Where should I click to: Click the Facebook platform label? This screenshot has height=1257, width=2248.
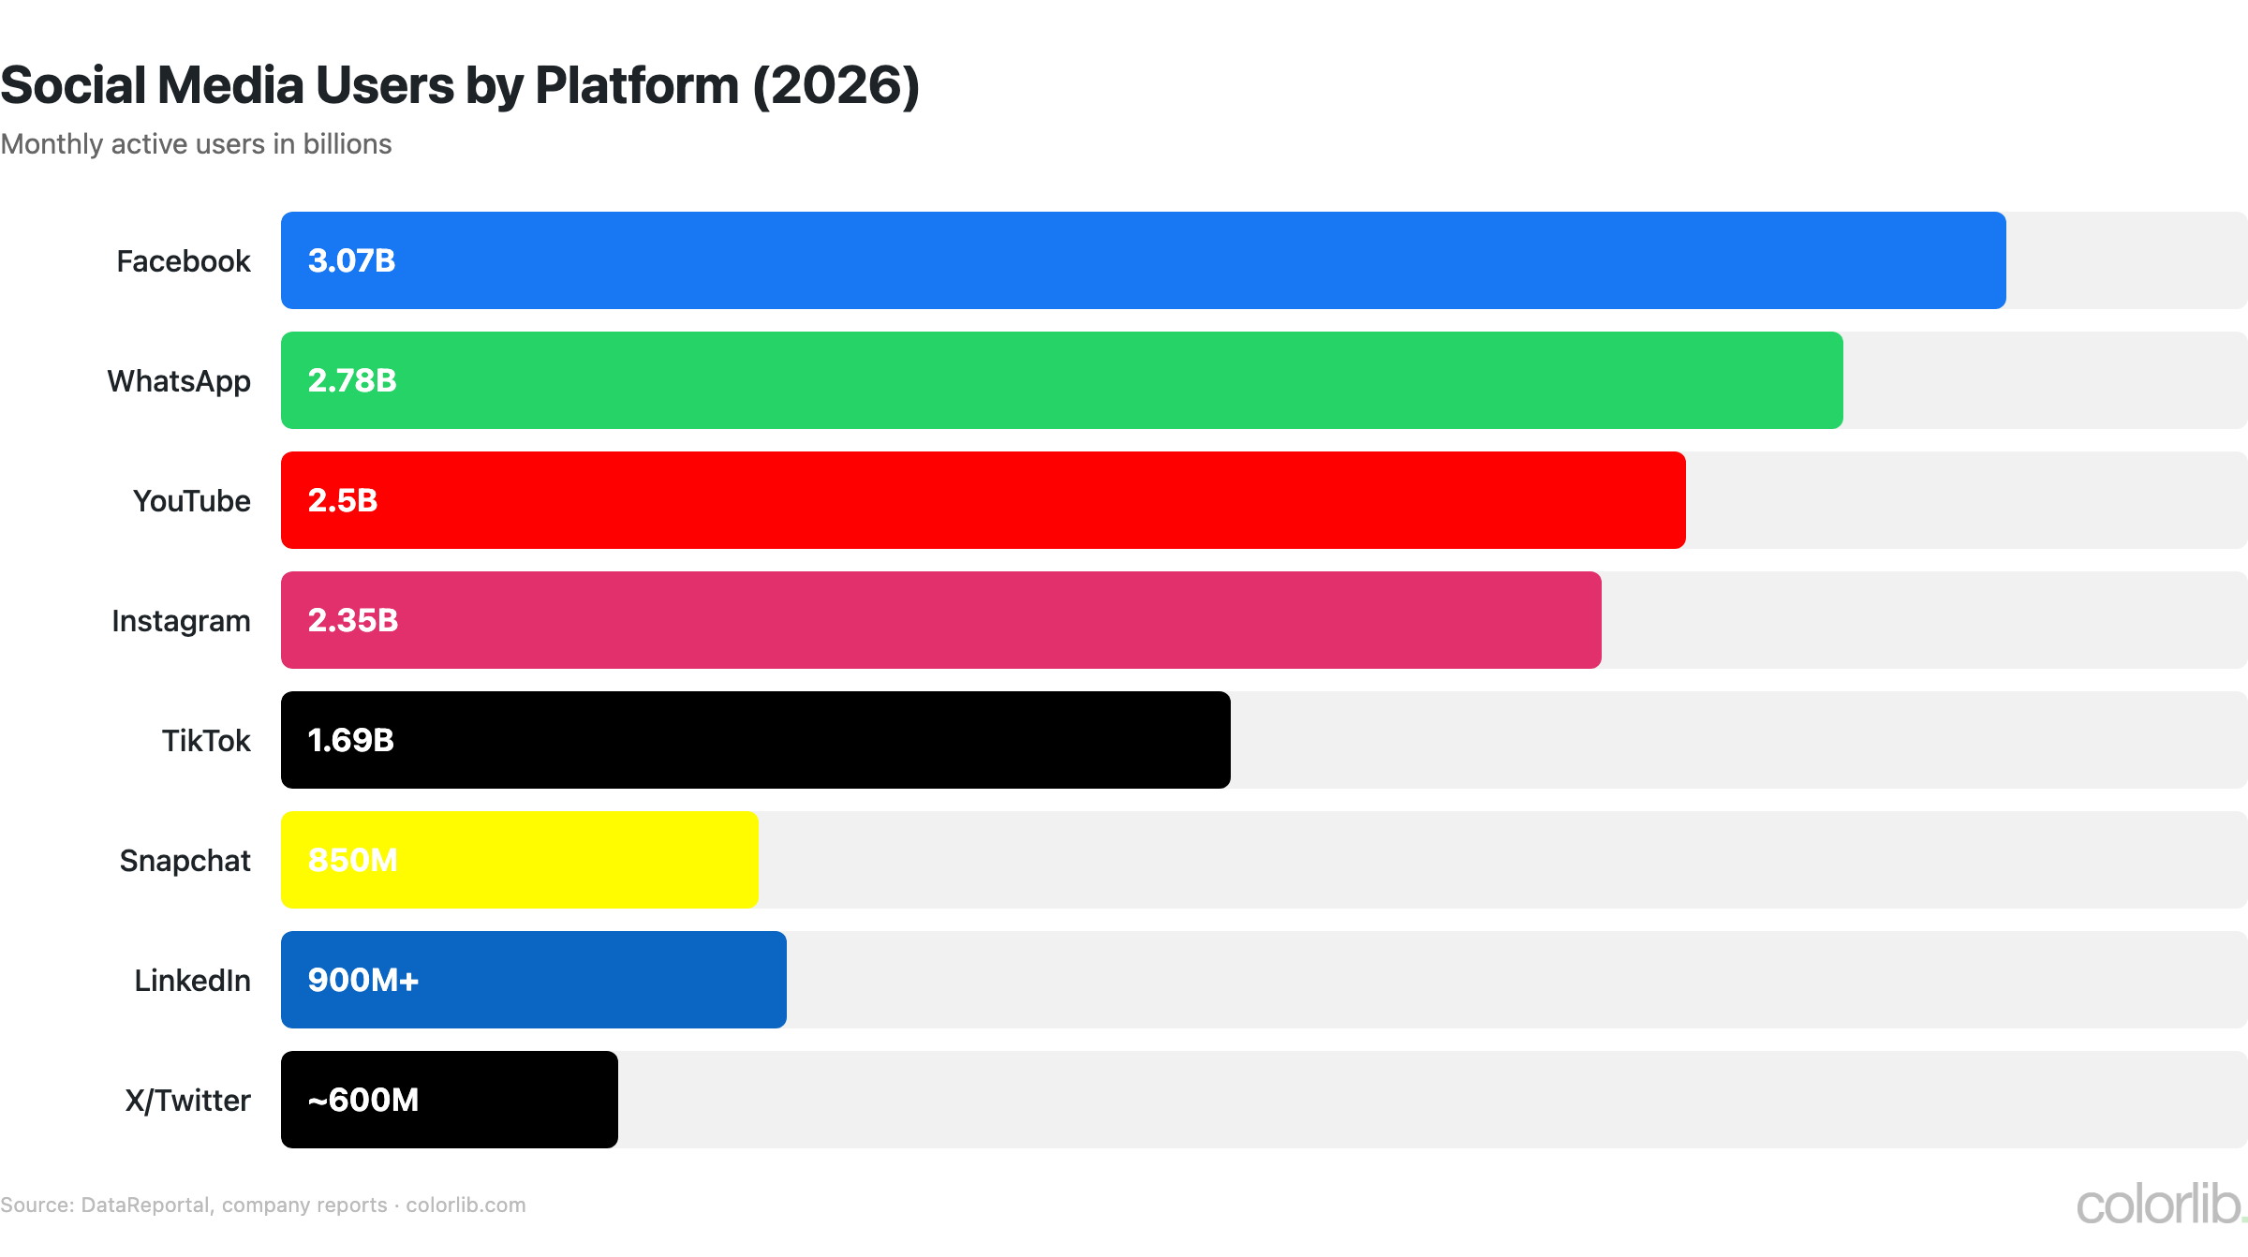(x=184, y=261)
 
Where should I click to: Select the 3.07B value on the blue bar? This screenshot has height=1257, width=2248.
(x=351, y=260)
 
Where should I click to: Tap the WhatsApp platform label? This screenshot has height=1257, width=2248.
(x=179, y=381)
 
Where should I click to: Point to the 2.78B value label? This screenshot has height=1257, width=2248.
(x=352, y=380)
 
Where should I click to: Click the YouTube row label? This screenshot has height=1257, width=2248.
(x=192, y=501)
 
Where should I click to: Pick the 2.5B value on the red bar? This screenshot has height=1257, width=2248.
(x=343, y=500)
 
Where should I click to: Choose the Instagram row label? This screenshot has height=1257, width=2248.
(x=181, y=621)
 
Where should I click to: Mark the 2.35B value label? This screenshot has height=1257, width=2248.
(x=353, y=620)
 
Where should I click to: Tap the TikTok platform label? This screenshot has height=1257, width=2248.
(x=206, y=741)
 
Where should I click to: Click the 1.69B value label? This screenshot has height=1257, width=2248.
(x=351, y=740)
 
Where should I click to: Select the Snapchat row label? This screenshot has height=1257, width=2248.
(x=185, y=861)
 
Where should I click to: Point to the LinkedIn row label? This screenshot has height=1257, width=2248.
(x=193, y=981)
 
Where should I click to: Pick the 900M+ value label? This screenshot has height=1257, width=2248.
(x=363, y=980)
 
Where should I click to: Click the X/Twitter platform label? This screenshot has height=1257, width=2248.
(x=188, y=1101)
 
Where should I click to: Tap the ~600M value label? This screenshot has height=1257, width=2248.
(x=363, y=1100)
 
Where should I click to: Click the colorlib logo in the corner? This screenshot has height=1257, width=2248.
(x=2159, y=1205)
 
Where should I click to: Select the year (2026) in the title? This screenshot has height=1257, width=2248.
(x=836, y=86)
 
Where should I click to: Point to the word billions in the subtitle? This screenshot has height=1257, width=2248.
(x=348, y=144)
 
